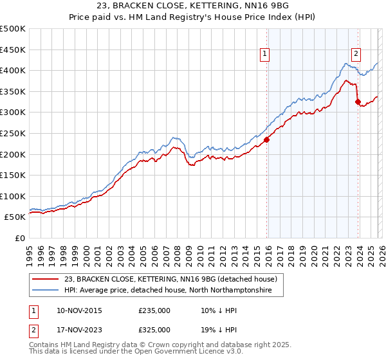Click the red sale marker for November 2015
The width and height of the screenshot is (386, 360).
tap(266, 140)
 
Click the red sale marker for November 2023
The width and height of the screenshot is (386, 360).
tap(358, 102)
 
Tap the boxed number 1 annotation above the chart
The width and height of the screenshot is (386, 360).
tap(266, 55)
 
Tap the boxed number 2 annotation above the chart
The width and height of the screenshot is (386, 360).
tap(356, 55)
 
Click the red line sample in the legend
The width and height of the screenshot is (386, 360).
tap(46, 279)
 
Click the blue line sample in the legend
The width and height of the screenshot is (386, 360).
tap(46, 291)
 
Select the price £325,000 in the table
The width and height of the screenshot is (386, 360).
tap(154, 330)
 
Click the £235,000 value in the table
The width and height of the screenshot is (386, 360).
tap(154, 310)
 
